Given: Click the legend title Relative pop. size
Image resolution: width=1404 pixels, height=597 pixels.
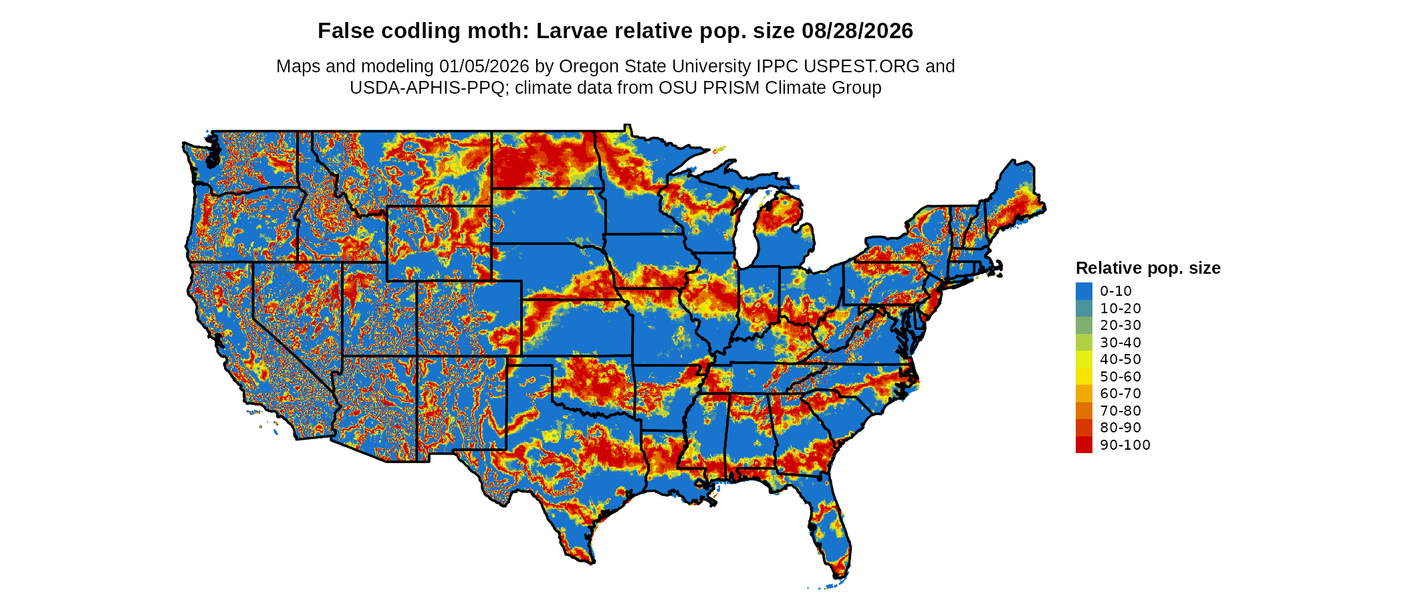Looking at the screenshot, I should (1148, 268).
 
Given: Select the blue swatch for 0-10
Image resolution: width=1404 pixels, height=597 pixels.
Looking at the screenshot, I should (1084, 291).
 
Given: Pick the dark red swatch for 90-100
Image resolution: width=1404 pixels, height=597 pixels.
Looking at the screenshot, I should (1084, 444).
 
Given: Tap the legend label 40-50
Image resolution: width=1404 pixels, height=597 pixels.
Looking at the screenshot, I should (1121, 359).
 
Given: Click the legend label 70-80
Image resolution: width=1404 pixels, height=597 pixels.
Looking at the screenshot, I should (1121, 411).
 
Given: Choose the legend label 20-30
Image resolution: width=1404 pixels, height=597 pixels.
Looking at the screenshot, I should (1121, 325).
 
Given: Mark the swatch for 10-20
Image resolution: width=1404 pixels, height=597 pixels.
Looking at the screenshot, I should (1084, 309).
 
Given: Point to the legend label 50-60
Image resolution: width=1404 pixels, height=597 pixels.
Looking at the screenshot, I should (1121, 377).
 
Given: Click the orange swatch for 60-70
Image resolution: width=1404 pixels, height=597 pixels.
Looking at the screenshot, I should (1084, 394).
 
